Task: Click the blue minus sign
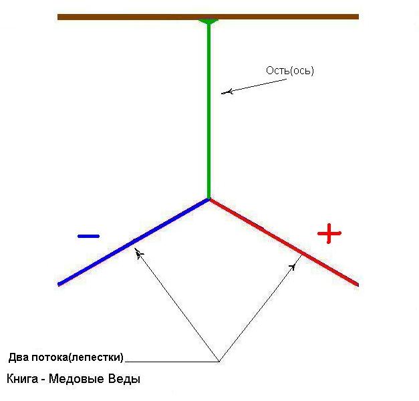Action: point(88,236)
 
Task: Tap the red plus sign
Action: point(329,233)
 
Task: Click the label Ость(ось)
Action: point(289,70)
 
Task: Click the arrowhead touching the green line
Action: point(225,92)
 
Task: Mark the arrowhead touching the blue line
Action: point(138,253)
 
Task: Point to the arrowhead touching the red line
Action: point(293,266)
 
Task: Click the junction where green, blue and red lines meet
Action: point(209,198)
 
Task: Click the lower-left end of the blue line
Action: point(60,284)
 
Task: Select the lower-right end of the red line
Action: point(357,284)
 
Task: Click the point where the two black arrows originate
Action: point(219,362)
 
